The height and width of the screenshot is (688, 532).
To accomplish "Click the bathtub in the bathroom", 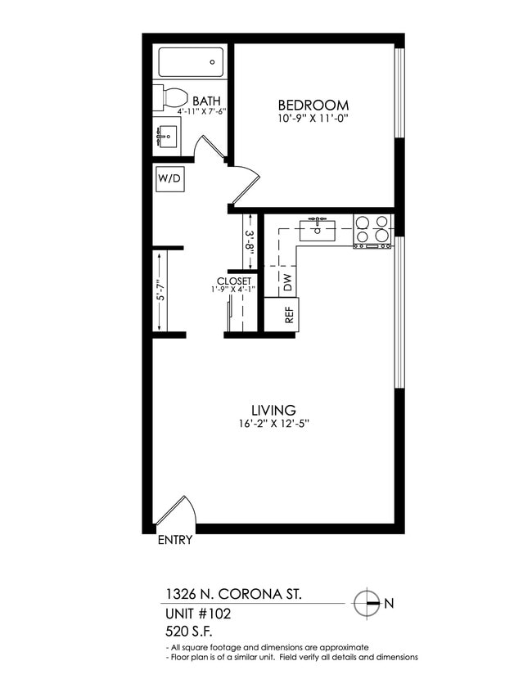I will click(x=190, y=61).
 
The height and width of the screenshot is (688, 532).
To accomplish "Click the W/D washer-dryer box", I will click(x=169, y=178).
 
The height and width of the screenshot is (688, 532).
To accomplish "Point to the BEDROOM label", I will click(x=313, y=106).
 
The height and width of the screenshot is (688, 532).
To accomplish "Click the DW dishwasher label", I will click(x=287, y=282).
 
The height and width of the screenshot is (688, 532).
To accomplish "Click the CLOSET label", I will click(x=233, y=281).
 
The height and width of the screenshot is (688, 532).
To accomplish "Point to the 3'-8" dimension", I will click(x=250, y=241).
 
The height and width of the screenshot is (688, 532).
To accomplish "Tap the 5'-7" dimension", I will click(x=160, y=290).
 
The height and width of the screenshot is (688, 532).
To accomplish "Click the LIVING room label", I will click(x=273, y=410).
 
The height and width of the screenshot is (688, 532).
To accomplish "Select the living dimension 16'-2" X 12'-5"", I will click(x=273, y=424).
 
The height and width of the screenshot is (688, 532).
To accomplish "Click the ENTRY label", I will click(x=174, y=540).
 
